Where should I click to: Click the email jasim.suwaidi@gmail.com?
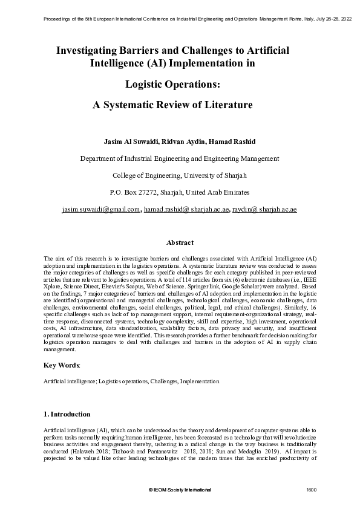[101, 209]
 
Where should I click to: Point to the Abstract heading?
[180, 242]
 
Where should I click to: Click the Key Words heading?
[62, 365]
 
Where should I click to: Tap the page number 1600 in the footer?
[312, 488]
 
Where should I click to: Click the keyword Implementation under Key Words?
[199, 381]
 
